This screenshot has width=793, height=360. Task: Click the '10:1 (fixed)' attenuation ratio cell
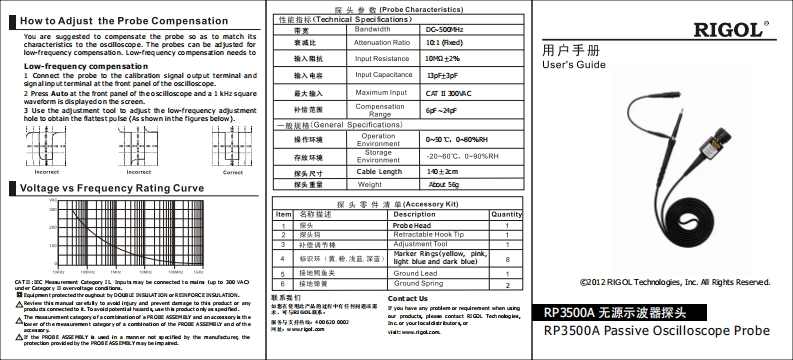tap(444, 44)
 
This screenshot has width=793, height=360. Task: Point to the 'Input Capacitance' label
tap(384, 74)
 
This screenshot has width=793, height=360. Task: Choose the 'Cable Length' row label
tap(381, 172)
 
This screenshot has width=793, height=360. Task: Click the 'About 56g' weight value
tap(445, 185)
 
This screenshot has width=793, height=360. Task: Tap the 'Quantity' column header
tap(507, 214)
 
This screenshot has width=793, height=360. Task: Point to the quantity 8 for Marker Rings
tap(507, 258)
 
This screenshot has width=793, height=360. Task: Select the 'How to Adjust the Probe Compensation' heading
tap(125, 20)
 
